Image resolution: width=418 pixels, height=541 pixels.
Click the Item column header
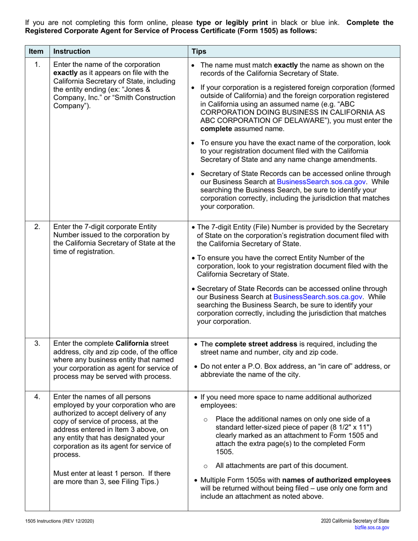coord(33,51)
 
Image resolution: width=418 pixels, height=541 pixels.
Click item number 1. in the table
coord(37,65)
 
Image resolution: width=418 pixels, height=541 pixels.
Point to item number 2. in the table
coord(37,227)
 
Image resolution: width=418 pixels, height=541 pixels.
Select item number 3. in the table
coord(37,343)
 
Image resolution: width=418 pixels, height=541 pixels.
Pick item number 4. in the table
coord(37,397)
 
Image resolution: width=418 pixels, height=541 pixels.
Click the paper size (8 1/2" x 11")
coord(348,427)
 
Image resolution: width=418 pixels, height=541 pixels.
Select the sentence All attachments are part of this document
coord(282,466)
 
